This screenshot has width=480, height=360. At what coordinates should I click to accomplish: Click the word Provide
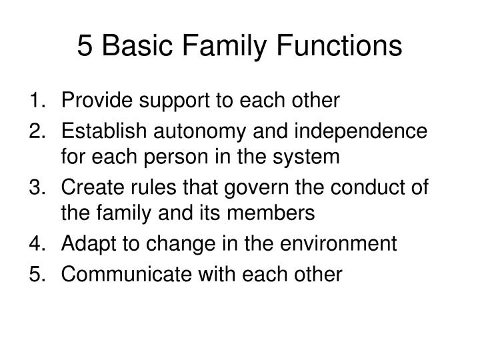click(x=93, y=101)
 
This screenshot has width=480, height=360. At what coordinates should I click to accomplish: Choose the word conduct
click(x=353, y=187)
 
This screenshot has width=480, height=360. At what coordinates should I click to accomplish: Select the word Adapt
click(x=87, y=245)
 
